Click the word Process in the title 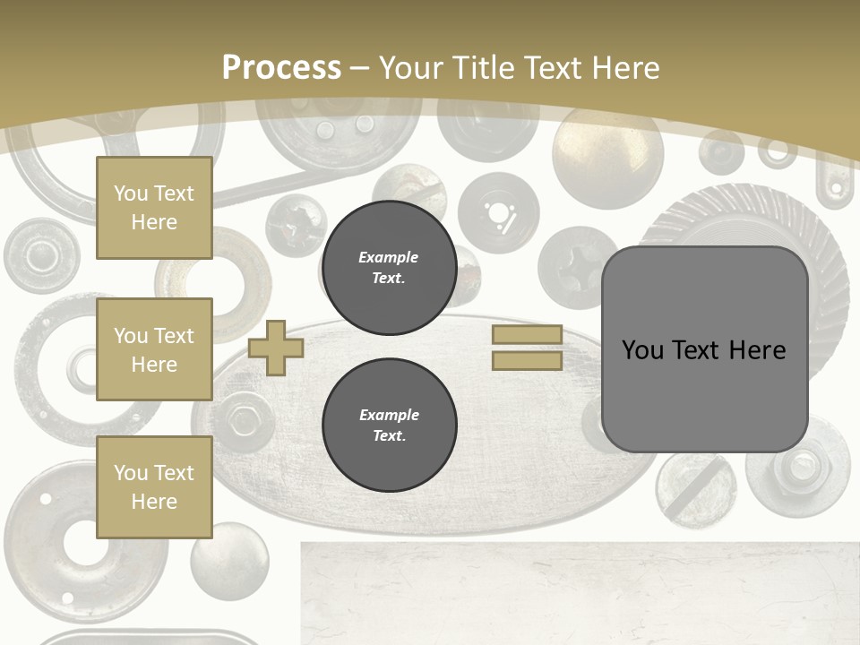tap(281, 68)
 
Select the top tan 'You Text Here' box tap(154, 208)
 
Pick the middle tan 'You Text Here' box tap(154, 349)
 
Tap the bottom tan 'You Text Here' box tap(154, 487)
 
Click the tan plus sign tap(276, 348)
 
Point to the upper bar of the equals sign tap(527, 335)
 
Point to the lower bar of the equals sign tap(527, 361)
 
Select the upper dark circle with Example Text tap(389, 267)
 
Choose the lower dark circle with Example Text tap(389, 425)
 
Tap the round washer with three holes tap(498, 213)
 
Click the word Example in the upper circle tap(389, 257)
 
